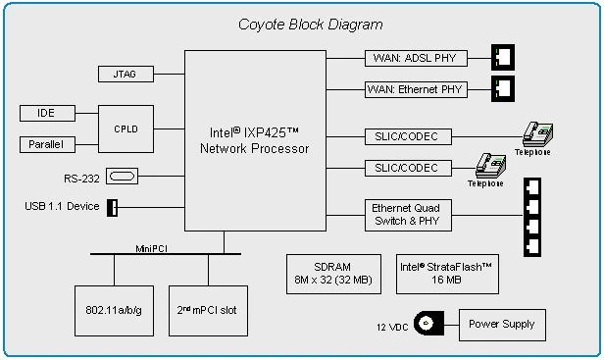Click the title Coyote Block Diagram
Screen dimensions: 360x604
pos(310,24)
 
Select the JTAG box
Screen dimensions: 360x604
pos(125,74)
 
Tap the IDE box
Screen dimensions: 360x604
pos(46,114)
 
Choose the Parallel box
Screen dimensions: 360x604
pos(46,145)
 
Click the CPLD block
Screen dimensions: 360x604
pos(125,129)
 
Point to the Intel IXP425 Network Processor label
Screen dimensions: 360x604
pos(254,141)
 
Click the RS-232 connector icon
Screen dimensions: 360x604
pos(124,177)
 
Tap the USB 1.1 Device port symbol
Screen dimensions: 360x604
pos(112,207)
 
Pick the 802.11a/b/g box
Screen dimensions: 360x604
pos(113,309)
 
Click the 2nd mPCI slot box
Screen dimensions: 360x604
pos(207,309)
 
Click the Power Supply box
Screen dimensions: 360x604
pos(503,324)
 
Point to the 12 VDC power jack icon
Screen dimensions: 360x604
pos(428,324)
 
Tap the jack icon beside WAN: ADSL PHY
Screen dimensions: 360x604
pos(501,58)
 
